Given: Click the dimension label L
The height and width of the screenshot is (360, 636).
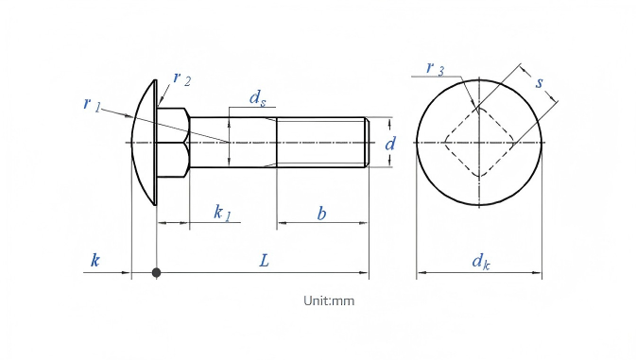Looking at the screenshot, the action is (x=264, y=260).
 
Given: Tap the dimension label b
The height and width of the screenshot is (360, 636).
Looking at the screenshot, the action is (x=321, y=214).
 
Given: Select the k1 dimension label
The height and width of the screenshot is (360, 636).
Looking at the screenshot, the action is (x=222, y=213).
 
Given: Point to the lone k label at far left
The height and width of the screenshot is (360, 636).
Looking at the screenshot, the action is (x=95, y=260).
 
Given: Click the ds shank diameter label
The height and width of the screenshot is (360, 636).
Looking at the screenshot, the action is (x=258, y=98).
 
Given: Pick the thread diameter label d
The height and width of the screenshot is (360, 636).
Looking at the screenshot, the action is (x=389, y=143).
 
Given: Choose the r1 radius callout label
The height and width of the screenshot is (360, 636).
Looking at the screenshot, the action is (x=92, y=104).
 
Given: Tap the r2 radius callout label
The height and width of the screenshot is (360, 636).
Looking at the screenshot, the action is (x=181, y=78).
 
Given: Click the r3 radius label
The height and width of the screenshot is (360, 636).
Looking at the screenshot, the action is (x=436, y=69).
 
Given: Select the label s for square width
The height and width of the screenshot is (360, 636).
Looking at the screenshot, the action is (x=539, y=82).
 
